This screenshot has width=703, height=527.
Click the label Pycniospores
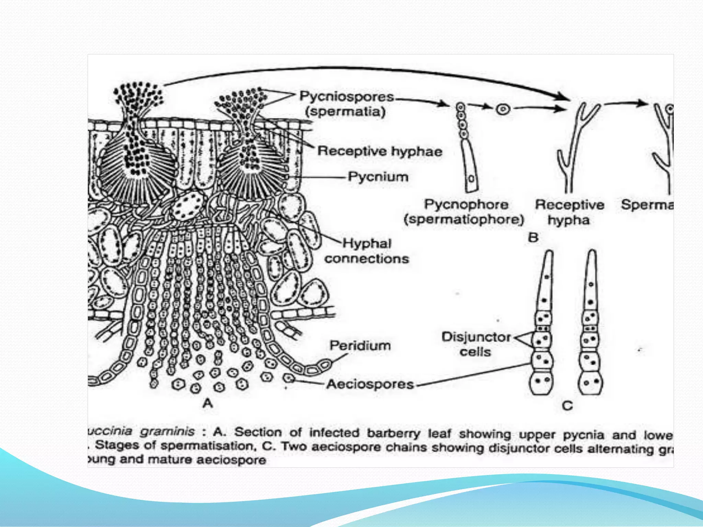click(x=347, y=96)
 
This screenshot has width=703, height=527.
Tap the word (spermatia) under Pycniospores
click(x=345, y=112)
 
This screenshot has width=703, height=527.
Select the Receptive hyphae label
click(x=380, y=151)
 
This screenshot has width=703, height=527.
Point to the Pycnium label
click(x=378, y=177)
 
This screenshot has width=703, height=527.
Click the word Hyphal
click(x=367, y=243)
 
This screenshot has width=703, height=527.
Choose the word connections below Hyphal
click(x=367, y=258)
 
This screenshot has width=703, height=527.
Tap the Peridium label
click(x=360, y=345)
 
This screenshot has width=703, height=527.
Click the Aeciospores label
click(x=370, y=384)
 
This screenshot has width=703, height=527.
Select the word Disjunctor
click(x=476, y=337)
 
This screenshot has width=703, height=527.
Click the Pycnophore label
click(x=466, y=204)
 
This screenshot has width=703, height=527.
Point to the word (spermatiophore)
click(x=464, y=220)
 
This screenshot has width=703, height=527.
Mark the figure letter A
click(x=208, y=403)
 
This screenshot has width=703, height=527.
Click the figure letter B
click(x=533, y=237)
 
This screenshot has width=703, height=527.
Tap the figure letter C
click(x=567, y=406)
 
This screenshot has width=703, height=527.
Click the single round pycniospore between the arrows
click(x=503, y=109)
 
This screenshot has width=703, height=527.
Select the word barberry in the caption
click(x=393, y=433)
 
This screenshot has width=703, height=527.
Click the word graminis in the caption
click(x=167, y=431)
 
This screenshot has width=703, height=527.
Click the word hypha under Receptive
click(x=568, y=220)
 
